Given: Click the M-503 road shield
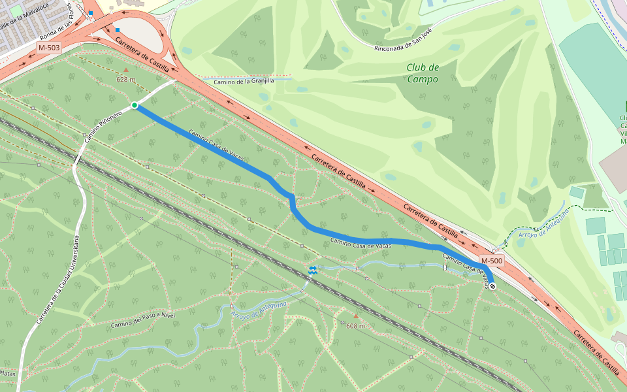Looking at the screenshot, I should (x=49, y=48).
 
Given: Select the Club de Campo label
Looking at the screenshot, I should (x=422, y=73).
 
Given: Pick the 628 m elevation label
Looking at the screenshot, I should (x=125, y=79).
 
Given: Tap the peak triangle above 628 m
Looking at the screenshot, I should (x=126, y=69).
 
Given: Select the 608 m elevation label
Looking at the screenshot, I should (x=355, y=325).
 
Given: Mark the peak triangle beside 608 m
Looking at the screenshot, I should (x=355, y=317).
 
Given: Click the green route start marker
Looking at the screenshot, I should (x=135, y=105).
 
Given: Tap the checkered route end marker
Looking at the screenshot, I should (x=491, y=286).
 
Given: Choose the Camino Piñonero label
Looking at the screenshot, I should (x=103, y=127).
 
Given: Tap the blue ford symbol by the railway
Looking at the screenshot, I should (x=313, y=269).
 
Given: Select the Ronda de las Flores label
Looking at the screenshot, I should (x=63, y=30).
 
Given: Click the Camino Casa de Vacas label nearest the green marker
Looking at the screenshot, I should (x=216, y=145).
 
